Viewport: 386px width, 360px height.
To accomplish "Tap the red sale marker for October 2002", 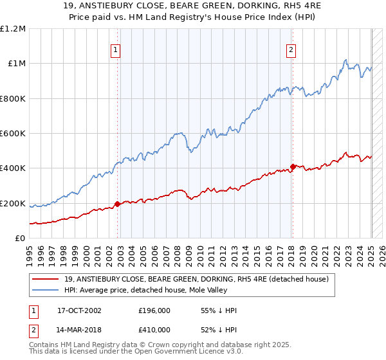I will pos(118,204).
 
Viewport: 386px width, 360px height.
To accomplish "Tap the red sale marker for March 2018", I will pos(293,166).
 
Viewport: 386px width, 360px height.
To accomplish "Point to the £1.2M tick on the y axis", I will pos(13,29).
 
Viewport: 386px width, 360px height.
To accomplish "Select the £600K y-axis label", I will pos(13,134).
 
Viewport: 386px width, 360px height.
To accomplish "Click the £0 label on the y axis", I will pos(19,239).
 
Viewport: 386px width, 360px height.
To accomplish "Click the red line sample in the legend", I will pos(46,279).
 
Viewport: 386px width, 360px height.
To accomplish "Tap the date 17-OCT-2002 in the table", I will pos(79,310).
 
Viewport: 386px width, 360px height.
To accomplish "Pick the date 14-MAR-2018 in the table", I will pos(80,330).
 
